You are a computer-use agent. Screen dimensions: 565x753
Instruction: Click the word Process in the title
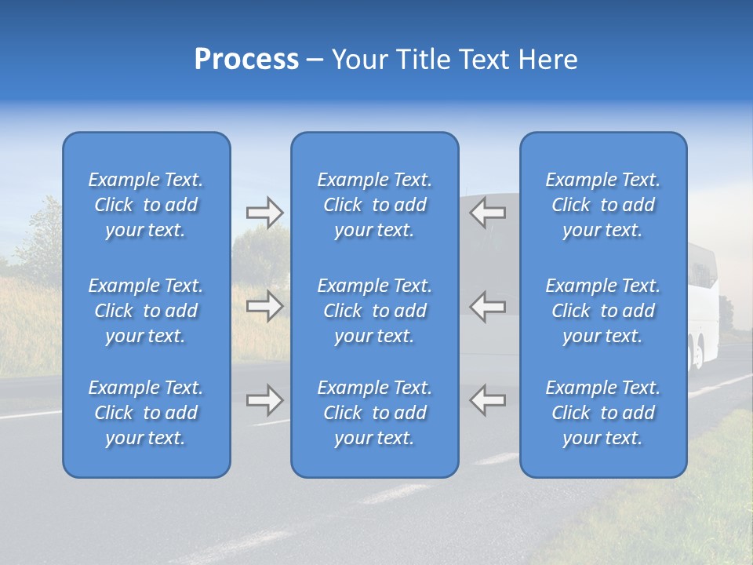tap(246, 60)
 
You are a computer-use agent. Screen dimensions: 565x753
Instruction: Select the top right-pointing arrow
tap(265, 212)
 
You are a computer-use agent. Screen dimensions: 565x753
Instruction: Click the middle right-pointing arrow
tap(265, 306)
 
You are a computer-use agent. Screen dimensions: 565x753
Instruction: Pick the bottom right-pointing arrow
tap(265, 400)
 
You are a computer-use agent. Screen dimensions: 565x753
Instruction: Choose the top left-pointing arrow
tap(488, 212)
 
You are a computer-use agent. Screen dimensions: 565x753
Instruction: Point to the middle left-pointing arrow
tap(488, 306)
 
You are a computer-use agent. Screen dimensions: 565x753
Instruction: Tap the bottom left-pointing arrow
tap(488, 400)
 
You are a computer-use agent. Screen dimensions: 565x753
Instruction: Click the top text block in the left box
tap(146, 205)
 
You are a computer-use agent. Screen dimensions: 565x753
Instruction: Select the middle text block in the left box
tap(146, 311)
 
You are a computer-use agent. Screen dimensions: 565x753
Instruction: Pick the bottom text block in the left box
tap(146, 413)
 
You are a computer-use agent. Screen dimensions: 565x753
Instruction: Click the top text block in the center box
tap(375, 205)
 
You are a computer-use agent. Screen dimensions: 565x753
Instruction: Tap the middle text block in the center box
tap(375, 311)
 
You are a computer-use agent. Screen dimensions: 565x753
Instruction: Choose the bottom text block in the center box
tap(375, 413)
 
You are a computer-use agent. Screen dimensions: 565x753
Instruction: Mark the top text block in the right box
tap(603, 205)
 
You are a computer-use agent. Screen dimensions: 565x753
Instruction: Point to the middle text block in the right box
tap(603, 311)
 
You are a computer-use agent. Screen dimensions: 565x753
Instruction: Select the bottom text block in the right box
tap(603, 413)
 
